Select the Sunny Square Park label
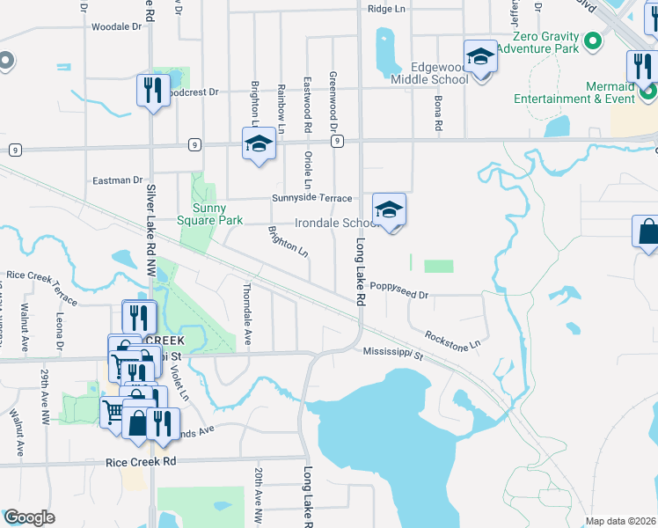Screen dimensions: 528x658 coord(208,215)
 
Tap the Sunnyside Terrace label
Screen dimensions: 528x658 coord(311,198)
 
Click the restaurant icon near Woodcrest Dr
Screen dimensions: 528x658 coord(153,90)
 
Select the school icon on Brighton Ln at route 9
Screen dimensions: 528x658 coord(260,144)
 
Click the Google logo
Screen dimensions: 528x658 coord(29,517)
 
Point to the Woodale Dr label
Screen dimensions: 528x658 coord(116,26)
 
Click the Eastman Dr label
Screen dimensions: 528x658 coord(117,180)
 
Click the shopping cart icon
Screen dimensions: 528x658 coord(113,409)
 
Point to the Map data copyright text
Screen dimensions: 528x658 coord(620,521)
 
